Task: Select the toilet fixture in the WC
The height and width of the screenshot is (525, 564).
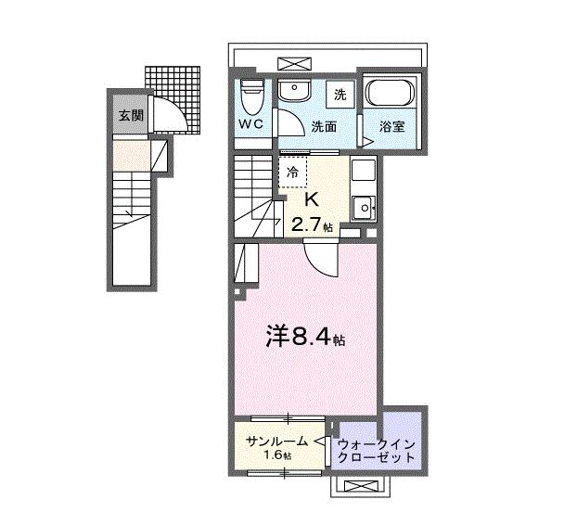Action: point(250,96)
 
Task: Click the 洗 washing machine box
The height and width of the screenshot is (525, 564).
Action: point(340,94)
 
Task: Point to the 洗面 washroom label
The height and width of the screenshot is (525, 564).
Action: point(324,126)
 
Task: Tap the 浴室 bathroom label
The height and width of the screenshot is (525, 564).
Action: point(391,127)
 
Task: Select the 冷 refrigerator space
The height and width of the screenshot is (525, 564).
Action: point(294,172)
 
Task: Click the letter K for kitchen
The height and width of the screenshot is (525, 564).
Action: point(312,198)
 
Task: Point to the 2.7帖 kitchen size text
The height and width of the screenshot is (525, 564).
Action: point(312,223)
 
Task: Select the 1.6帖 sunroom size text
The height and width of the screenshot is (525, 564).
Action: point(276,456)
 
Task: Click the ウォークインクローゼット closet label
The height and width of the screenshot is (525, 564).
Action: point(378,451)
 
